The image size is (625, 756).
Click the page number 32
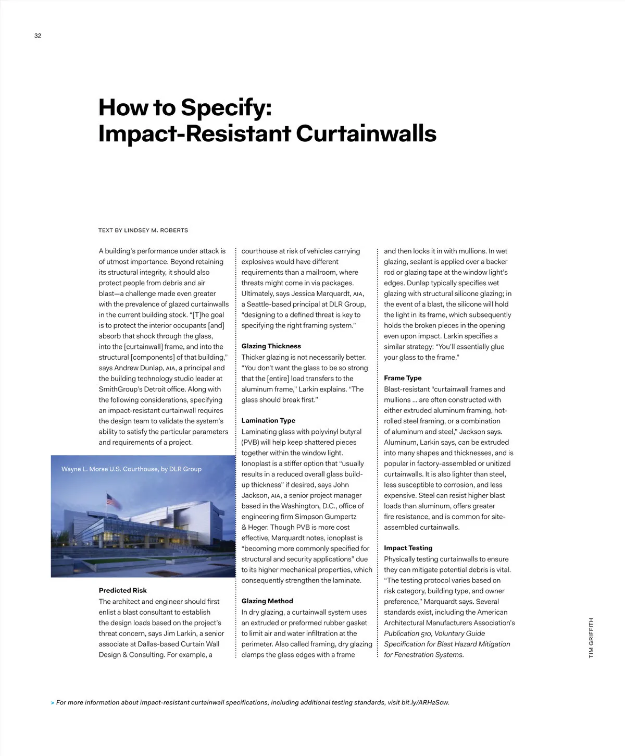coord(37,36)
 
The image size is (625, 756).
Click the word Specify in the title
coord(226,108)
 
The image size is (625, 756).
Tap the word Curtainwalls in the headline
coord(366,133)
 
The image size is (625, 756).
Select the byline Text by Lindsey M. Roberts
coord(143,230)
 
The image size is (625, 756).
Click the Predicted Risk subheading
coord(122,591)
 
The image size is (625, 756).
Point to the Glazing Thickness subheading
coord(271,346)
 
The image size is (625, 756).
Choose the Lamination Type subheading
coord(268,421)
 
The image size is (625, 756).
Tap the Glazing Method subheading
coord(267,601)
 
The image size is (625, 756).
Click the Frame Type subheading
coord(403,378)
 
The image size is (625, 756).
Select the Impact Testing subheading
coord(408,548)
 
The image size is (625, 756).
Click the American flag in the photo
coord(114,501)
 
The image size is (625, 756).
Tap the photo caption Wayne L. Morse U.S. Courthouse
coord(131,469)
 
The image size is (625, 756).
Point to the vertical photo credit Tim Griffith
coord(591,638)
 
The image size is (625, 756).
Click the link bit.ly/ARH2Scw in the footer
coord(425,703)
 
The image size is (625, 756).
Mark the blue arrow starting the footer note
coord(53,703)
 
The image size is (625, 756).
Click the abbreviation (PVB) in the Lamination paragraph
coord(250,442)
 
